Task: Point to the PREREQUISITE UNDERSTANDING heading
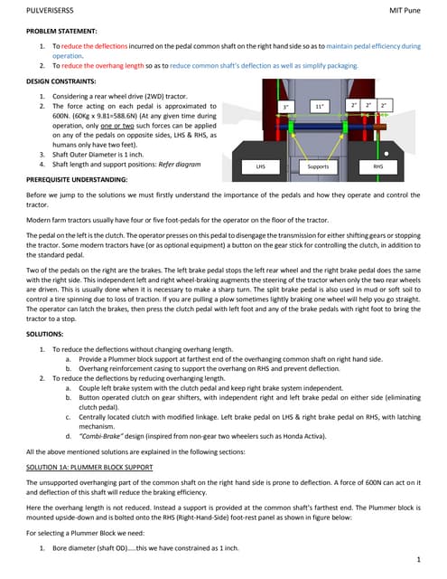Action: tap(77, 181)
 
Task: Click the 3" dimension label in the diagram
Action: tap(286, 107)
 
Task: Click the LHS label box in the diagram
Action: tap(260, 167)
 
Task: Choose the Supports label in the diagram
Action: tap(318, 167)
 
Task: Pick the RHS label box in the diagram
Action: tap(391, 167)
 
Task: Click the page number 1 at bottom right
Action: tap(420, 562)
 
